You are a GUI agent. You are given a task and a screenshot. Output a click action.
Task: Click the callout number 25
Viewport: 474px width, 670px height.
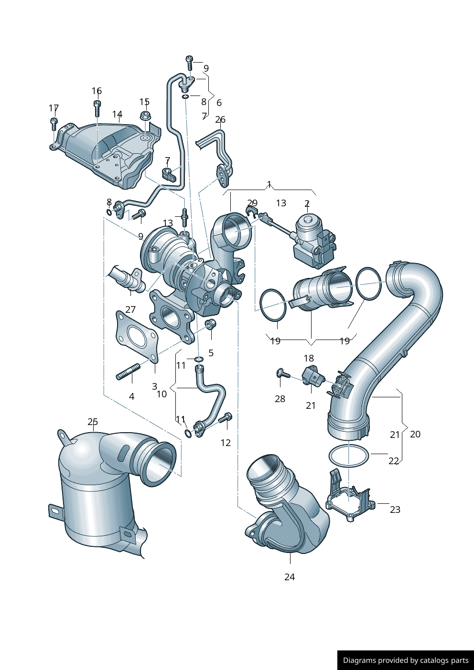pos(93,422)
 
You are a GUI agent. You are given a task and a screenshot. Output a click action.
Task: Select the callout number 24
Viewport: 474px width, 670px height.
pos(290,577)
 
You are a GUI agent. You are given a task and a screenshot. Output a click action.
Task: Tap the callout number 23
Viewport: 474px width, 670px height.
pos(395,510)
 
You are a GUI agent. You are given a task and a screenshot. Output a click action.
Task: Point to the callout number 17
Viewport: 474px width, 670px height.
pos(54,107)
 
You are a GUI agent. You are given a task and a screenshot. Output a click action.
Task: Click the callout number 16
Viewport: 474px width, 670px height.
pos(97,91)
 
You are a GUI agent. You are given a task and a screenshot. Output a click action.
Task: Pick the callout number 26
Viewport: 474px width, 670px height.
pos(220,119)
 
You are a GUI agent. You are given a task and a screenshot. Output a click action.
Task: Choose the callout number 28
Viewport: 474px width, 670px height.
pos(280,399)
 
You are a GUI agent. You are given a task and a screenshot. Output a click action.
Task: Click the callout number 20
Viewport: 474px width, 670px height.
pos(415,434)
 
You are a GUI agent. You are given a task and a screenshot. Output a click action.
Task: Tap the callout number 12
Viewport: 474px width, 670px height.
pos(226,443)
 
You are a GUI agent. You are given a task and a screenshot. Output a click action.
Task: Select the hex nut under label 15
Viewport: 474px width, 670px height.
pos(145,115)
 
